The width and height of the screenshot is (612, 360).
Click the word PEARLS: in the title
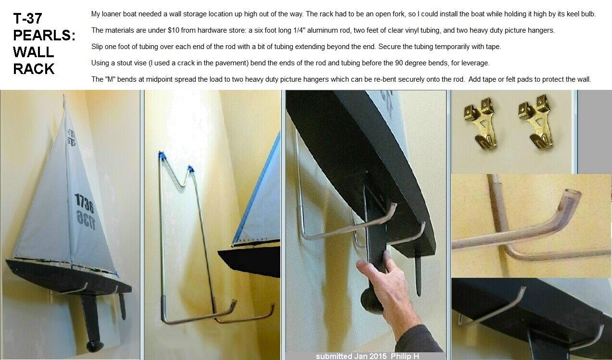[44, 35]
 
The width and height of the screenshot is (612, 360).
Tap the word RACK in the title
[34, 69]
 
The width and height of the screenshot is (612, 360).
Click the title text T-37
[27, 19]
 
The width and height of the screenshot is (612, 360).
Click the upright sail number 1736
[84, 203]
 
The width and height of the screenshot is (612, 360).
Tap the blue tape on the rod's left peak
[161, 156]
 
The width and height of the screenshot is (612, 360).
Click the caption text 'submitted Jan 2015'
[351, 356]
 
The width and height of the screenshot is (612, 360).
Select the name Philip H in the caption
[405, 356]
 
